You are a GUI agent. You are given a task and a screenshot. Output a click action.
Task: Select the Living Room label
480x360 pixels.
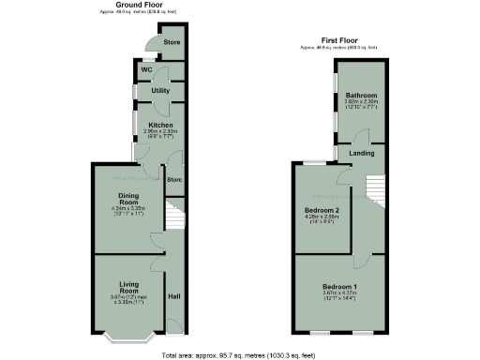pos(128,286)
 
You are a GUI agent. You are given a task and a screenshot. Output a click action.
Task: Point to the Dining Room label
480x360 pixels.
pos(128,199)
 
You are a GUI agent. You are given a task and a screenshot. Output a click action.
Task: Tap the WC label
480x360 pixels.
pos(147,70)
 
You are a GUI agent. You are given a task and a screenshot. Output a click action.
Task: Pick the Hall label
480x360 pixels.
pos(173,297)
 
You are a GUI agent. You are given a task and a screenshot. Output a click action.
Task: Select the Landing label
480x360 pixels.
pos(363,152)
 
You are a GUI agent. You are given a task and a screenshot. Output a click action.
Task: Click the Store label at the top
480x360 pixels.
pos(172,42)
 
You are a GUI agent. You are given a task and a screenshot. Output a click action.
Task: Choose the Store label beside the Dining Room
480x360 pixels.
pos(173,178)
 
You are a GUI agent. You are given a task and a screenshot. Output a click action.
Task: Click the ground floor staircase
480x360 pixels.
pos(172,217)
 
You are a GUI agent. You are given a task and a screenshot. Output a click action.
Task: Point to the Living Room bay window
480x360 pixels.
pos(128,336)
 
